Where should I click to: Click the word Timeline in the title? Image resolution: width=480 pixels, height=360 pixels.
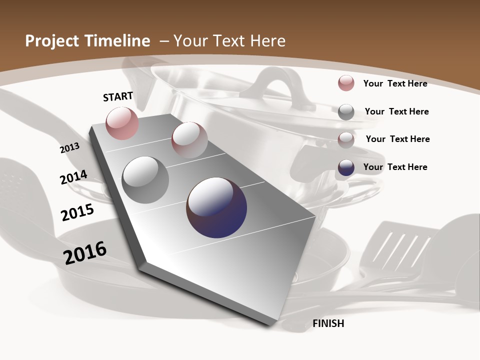coord(118,41)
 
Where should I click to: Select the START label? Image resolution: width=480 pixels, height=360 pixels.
coord(118,96)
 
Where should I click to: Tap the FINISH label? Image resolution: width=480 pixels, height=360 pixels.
coord(328,323)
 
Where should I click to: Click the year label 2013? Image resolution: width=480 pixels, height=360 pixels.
coord(69,147)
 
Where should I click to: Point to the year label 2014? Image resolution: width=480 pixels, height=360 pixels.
coord(73,177)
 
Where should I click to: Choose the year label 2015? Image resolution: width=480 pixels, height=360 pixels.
coord(77,212)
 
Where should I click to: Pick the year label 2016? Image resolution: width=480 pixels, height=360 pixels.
coord(85,253)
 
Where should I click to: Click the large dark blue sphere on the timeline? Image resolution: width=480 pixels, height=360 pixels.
coord(216,207)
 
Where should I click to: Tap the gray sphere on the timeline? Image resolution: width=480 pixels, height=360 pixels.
coord(145,179)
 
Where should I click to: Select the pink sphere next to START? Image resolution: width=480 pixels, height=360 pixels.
coord(122,123)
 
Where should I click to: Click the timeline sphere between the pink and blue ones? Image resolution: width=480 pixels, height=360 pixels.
coord(189,140)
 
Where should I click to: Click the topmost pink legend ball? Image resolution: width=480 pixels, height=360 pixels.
coord(346,83)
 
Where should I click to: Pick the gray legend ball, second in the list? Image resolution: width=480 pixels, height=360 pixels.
coord(346,112)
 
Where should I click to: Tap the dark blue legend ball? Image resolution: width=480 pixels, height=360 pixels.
coord(346,167)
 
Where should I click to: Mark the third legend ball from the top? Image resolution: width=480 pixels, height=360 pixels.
coord(346,139)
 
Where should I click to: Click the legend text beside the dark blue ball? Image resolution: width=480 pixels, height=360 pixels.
coord(395,167)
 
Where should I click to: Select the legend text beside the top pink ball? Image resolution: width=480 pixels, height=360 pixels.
coord(395,83)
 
